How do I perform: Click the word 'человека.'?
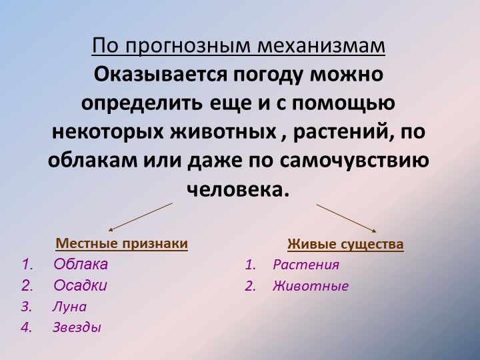[x=239, y=190]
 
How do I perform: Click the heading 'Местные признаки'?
[x=122, y=243]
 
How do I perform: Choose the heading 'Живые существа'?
[x=345, y=244]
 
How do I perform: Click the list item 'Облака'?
[x=81, y=264]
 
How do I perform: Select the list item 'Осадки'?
[x=80, y=285]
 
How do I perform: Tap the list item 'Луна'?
[x=69, y=307]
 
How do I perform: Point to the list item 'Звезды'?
[x=77, y=327]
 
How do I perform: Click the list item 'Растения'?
[x=306, y=265]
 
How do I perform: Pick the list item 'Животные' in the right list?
[x=311, y=286]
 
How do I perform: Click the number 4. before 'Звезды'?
[x=27, y=327]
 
